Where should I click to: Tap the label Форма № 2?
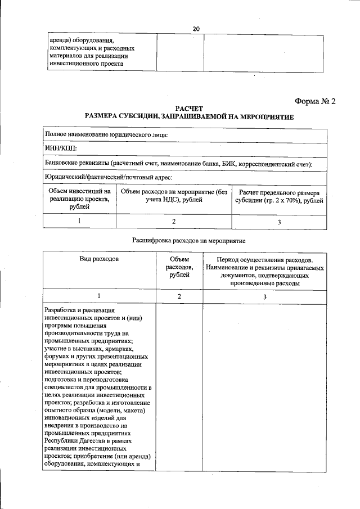(x=314, y=101)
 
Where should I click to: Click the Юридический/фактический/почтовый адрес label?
(x=108, y=177)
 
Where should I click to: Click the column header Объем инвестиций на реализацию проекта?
(x=79, y=200)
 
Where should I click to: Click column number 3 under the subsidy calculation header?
(x=279, y=222)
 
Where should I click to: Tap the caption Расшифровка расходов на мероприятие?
(x=188, y=240)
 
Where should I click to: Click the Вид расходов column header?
(x=99, y=260)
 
